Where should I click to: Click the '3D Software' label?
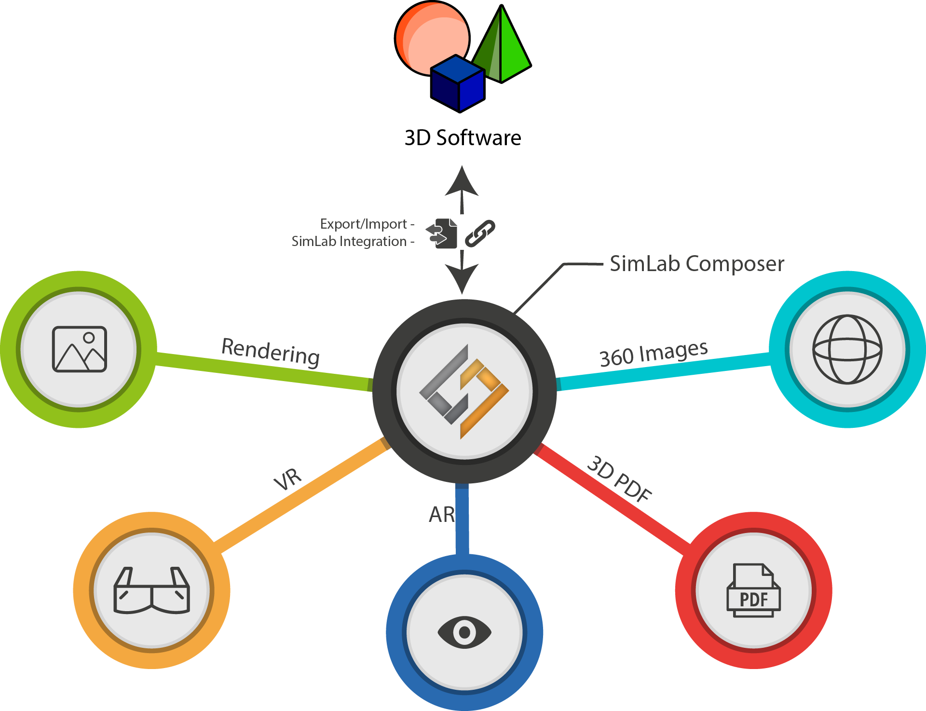tap(463, 138)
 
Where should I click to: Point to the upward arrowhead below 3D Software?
tap(462, 182)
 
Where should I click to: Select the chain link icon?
tap(480, 233)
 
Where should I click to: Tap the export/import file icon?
tap(443, 233)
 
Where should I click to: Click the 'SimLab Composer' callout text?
tap(696, 264)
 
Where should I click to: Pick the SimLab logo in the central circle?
tap(464, 391)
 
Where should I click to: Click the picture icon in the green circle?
tap(79, 349)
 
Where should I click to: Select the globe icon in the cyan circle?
tap(847, 349)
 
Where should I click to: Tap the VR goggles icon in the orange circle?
tap(151, 590)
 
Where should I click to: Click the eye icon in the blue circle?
tap(464, 632)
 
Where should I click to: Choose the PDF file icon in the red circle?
tap(753, 590)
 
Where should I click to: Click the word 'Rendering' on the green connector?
tap(271, 352)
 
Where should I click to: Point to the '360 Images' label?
tap(654, 353)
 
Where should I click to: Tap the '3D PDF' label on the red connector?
tap(620, 479)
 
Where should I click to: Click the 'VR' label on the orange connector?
tap(288, 479)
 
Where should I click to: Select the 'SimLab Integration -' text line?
tap(353, 241)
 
